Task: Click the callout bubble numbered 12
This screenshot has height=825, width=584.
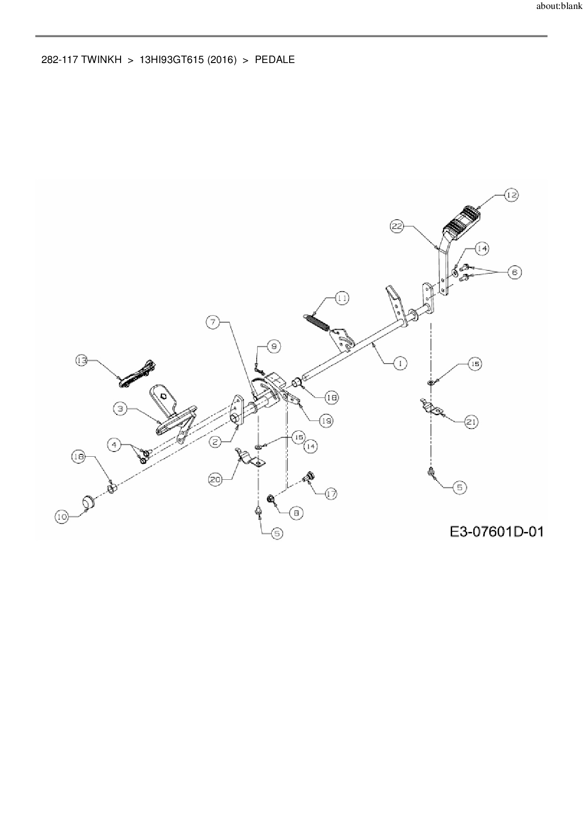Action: (x=512, y=195)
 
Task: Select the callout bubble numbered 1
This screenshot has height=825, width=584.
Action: (x=400, y=363)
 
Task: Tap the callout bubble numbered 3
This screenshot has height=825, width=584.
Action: (x=121, y=409)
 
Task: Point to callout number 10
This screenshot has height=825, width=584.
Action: (x=62, y=517)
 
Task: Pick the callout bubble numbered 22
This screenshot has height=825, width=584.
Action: (x=397, y=226)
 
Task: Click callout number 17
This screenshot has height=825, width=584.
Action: (x=331, y=494)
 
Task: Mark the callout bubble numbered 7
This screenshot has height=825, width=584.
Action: (x=213, y=322)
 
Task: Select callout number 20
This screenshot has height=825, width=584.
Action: (x=215, y=479)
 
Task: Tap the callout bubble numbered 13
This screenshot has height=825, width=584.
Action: (x=82, y=361)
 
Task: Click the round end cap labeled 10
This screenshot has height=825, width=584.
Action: (x=88, y=502)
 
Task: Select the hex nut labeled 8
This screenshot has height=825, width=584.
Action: (x=271, y=499)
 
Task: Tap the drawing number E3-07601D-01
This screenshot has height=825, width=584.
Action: (x=496, y=532)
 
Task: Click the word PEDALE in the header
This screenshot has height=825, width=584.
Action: (x=275, y=60)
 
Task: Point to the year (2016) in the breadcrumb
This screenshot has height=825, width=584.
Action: (x=220, y=60)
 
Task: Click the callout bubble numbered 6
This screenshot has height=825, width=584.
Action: (x=514, y=272)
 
